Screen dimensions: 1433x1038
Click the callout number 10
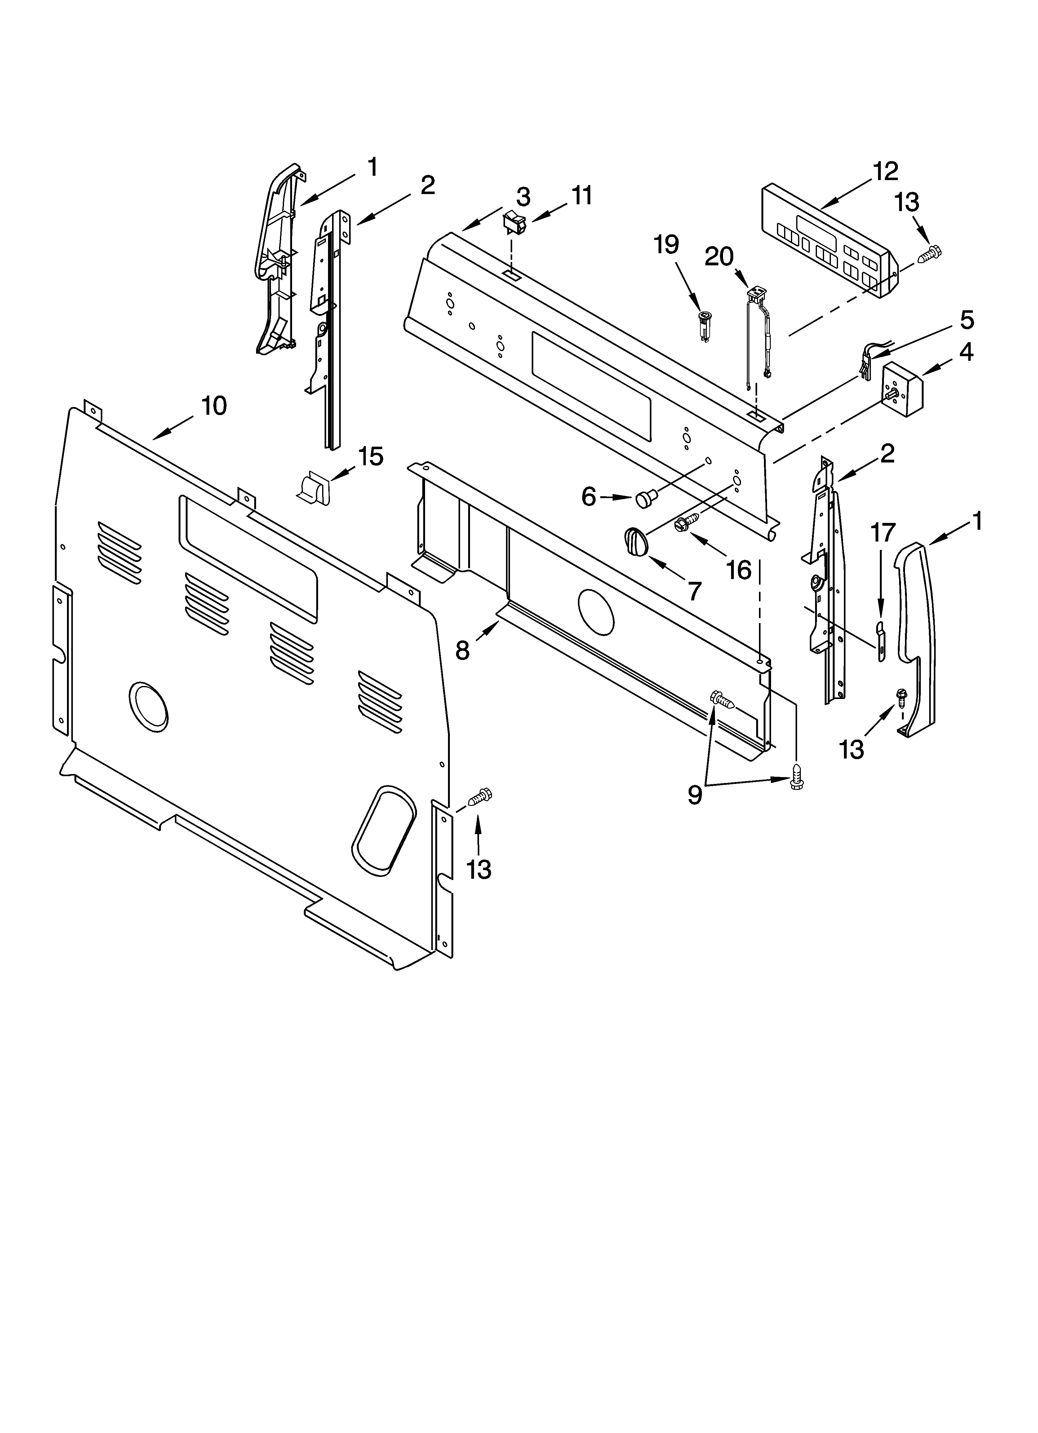tap(214, 406)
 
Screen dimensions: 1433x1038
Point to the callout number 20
tap(719, 257)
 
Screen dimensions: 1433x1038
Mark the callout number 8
tap(463, 650)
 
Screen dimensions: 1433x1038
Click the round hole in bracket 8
tap(596, 612)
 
